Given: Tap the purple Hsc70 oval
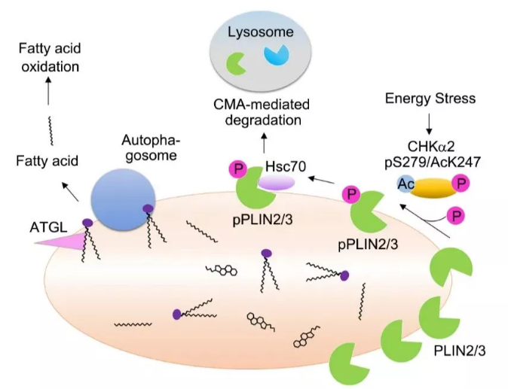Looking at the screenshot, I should (x=278, y=183).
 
